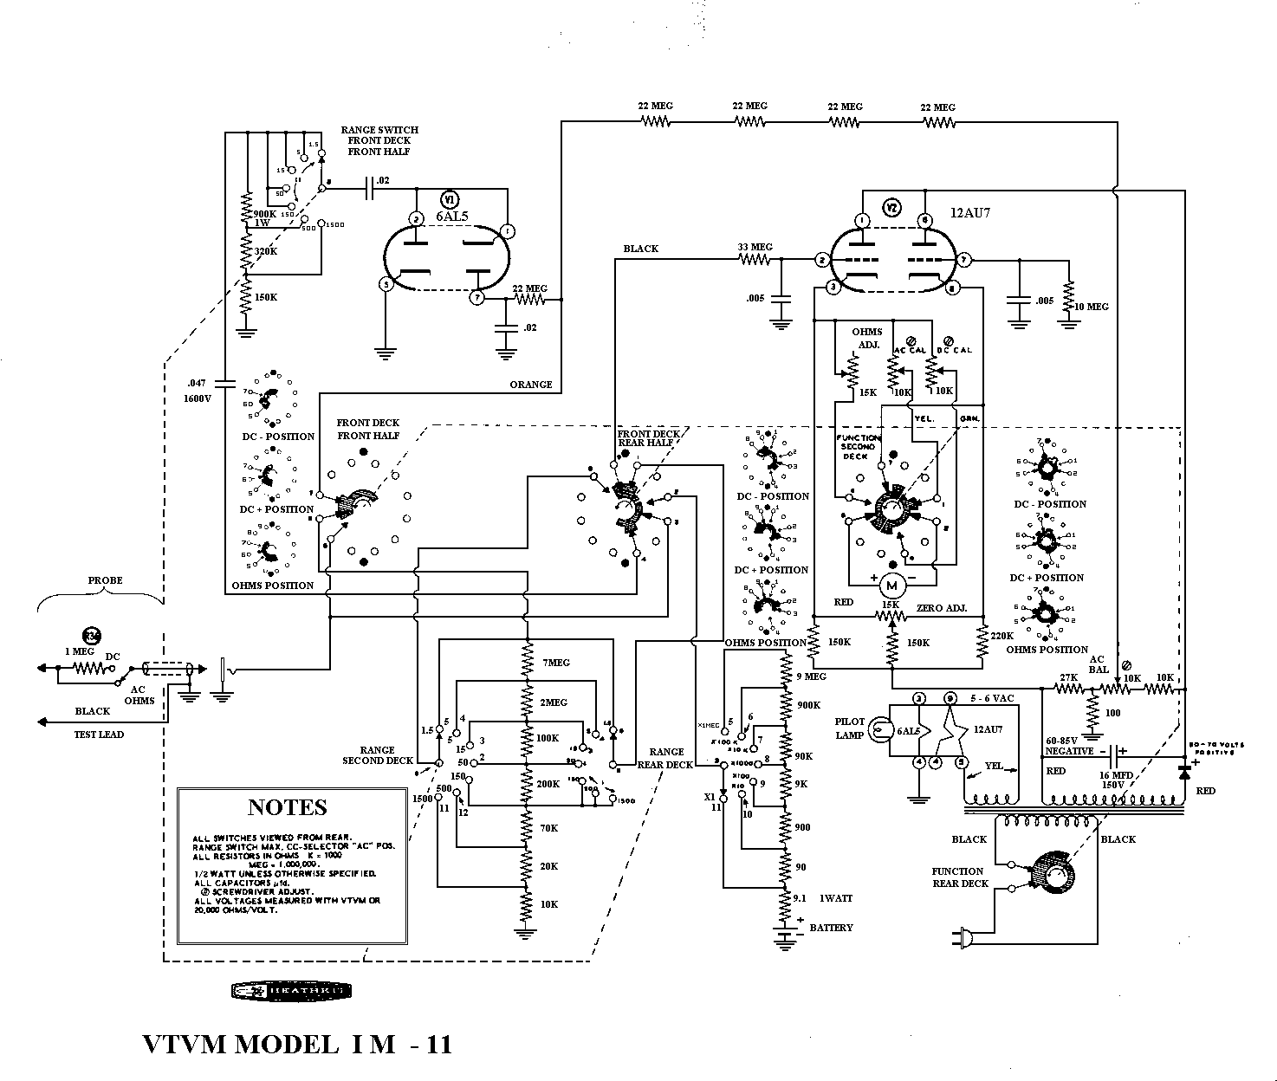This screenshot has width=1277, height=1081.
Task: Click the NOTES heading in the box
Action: (x=288, y=807)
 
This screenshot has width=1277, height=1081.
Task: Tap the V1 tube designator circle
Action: (x=449, y=197)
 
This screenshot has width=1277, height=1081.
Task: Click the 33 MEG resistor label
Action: (x=755, y=247)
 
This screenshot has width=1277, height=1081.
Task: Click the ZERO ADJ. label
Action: (x=942, y=609)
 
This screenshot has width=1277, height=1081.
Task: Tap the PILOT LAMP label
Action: (x=850, y=728)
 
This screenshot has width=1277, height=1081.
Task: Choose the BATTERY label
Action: (x=832, y=928)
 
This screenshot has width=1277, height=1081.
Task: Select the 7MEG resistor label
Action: (x=556, y=663)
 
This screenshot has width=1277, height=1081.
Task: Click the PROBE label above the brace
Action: (x=105, y=580)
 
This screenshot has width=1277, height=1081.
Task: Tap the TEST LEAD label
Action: (x=98, y=735)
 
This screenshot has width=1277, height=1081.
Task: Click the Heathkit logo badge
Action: (x=290, y=991)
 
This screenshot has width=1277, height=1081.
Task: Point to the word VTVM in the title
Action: (x=185, y=1045)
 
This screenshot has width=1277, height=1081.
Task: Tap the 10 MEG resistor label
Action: (x=1091, y=307)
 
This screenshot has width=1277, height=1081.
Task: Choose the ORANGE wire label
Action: (x=531, y=385)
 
